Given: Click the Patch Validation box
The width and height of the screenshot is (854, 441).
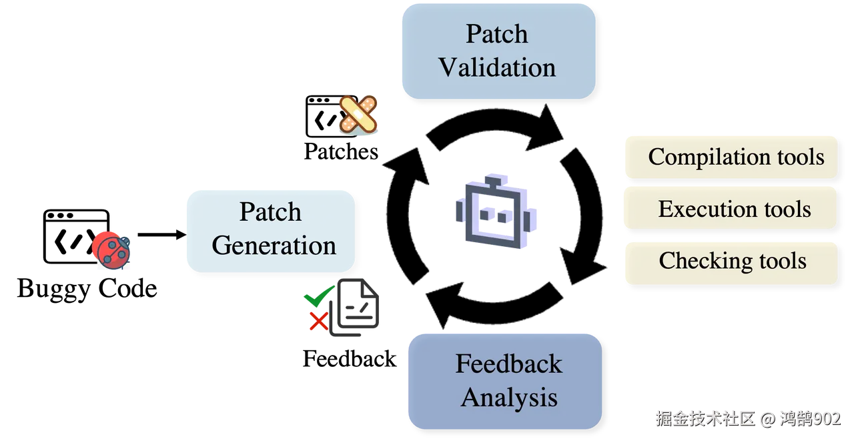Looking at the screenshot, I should coord(498,51).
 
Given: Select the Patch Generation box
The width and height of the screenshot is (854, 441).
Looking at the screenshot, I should coord(270,230).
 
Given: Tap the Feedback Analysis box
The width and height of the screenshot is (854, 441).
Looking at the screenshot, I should coord(505,380).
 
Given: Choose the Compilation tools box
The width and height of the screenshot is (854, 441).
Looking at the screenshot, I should coord(731,157).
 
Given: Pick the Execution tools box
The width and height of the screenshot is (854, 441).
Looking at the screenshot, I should coord(730,208).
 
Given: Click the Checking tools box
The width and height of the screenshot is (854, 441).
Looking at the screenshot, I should coord(731,261).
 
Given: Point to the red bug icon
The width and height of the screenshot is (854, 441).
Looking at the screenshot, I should coord(111,250).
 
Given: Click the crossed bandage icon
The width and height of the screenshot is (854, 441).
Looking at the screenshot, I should coord(358,114).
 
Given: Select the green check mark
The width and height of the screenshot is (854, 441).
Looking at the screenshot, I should coord(318,296).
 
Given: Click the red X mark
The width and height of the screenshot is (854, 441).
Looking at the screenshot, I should coord(318,322).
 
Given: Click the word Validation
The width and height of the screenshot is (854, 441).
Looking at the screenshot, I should coord(498,68).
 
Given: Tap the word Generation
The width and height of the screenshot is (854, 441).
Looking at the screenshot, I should coord(274,246).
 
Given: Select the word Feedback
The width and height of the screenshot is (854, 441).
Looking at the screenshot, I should coord(509,364).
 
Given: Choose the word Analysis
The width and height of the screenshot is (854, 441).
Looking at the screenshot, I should coord(509,398).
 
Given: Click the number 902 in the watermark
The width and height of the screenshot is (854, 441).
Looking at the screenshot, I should coord(827,418).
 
